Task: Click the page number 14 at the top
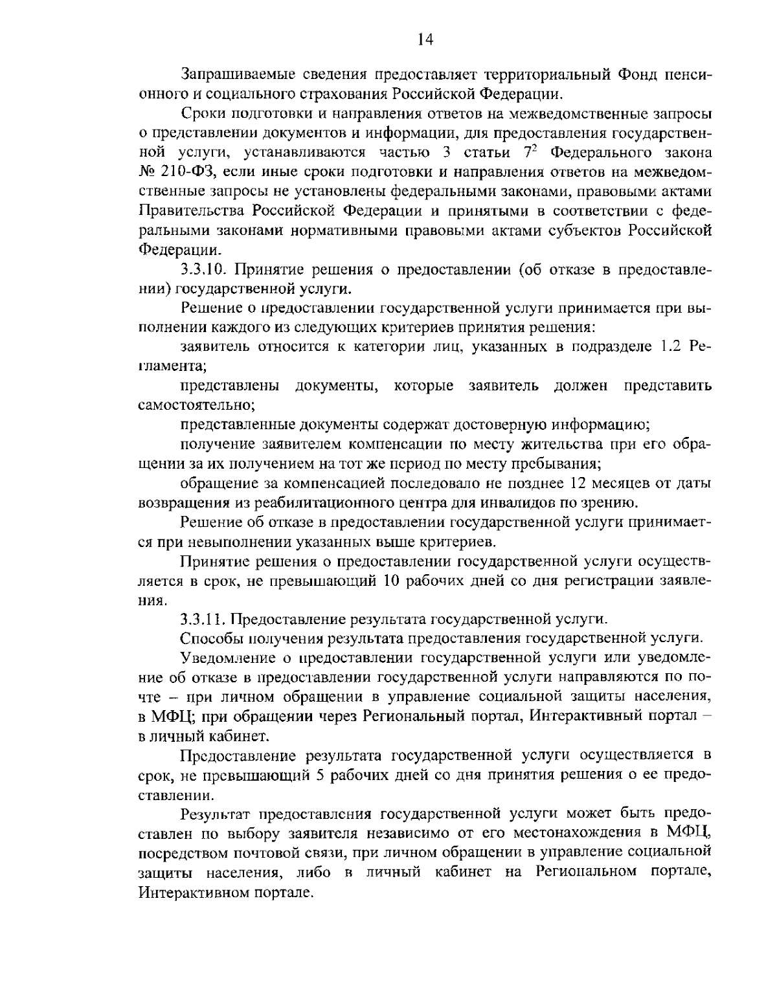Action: [x=425, y=40]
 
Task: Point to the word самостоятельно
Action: [x=196, y=406]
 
